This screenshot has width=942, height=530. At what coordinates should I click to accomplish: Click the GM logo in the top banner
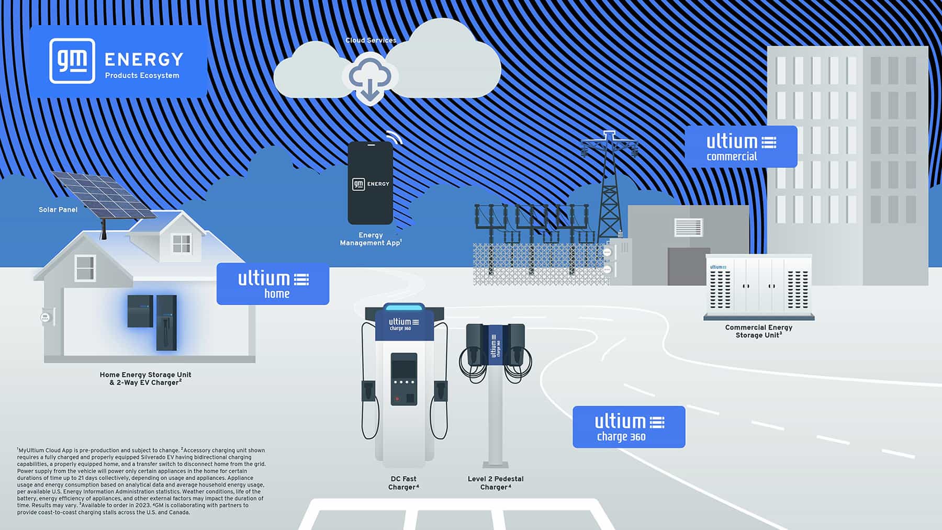coord(72,61)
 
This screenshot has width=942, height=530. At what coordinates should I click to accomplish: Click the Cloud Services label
coord(371,40)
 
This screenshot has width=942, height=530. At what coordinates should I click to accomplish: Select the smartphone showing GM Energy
coord(370,183)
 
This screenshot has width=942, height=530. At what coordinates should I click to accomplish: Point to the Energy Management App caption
coord(370,239)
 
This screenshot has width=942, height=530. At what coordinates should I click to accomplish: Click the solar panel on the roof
coord(104,194)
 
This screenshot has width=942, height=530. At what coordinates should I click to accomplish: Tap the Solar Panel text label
coord(58,210)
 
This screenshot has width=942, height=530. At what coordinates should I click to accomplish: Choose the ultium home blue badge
coord(273,284)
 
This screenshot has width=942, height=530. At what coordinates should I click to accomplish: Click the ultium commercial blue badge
coord(741,147)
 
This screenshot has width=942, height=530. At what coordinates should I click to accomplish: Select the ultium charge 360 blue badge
coord(629,427)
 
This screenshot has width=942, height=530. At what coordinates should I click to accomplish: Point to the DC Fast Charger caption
coord(403,483)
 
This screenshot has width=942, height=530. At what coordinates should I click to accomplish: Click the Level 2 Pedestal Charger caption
coord(495,483)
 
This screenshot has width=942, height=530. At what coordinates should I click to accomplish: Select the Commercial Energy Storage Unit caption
coord(758,331)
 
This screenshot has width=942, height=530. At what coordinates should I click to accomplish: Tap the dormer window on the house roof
coord(182,243)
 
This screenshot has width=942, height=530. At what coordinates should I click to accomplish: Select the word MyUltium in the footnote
coord(30,450)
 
